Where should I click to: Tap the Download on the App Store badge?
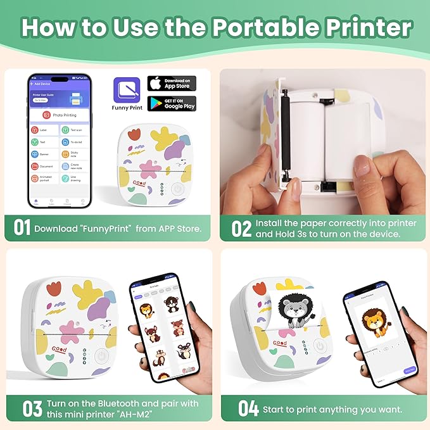coord(172,84)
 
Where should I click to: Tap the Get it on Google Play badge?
coord(172,104)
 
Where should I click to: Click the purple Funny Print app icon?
coord(125,91)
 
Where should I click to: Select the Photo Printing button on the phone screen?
coord(60,115)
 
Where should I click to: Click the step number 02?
coord(241,229)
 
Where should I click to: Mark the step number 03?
coord(32,408)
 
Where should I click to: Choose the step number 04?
coord(248,408)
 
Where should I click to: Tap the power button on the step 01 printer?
coord(178,189)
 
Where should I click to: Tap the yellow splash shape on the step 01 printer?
coord(164,139)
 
